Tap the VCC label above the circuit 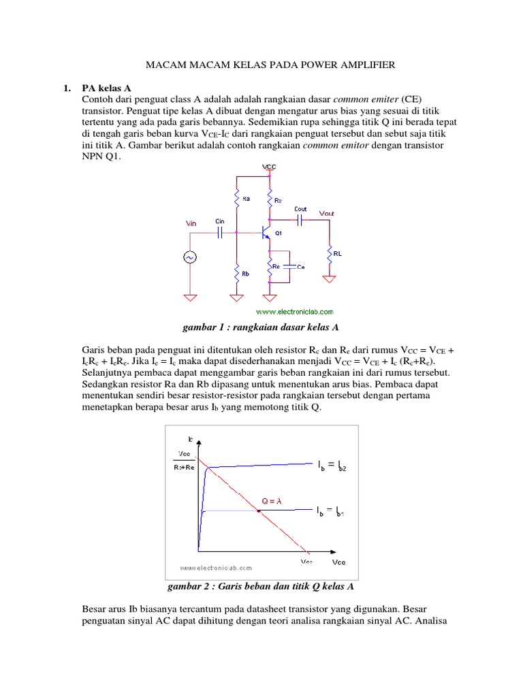pos(269,167)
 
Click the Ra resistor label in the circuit pos(246,199)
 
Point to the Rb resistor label pos(245,273)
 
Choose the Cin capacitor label pos(219,221)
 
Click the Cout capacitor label pos(300,209)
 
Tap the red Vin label pos(194,223)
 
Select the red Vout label pos(328,213)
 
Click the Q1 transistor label pos(279,233)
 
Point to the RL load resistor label pos(338,253)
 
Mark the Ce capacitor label pos(300,267)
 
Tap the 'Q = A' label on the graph pos(272,502)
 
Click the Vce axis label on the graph pos(338,562)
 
